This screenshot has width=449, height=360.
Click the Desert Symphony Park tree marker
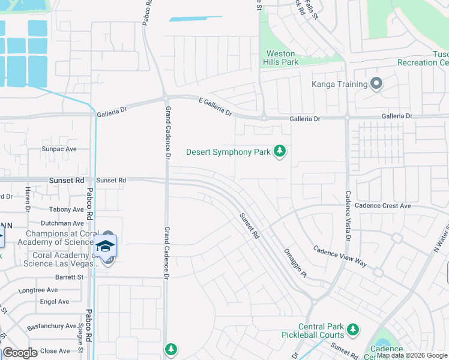[279, 151]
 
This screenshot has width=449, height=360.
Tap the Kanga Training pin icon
[376, 83]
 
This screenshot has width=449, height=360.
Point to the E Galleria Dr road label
[215, 107]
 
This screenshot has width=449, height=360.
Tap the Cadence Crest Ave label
[382, 206]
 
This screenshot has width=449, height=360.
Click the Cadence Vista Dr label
[348, 215]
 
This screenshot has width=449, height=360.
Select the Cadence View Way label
[340, 256]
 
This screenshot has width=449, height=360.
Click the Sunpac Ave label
[59, 149]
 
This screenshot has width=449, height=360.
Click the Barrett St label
[68, 277]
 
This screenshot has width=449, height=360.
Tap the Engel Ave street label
[55, 302]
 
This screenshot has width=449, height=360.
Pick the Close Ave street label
[56, 351]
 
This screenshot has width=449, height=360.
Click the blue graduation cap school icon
[105, 246]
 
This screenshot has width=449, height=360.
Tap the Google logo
[20, 353]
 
